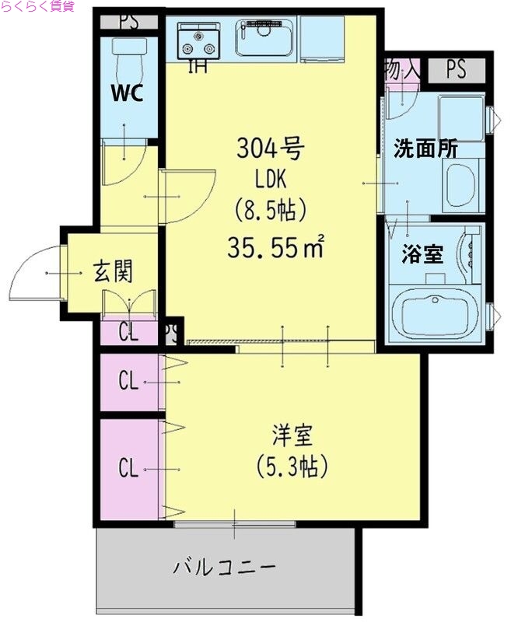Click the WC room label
point(126,93)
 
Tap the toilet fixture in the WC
point(126,54)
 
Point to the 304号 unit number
point(270,147)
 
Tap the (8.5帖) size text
point(270,211)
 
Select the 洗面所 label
point(425,149)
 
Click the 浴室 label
point(422,253)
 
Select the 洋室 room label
point(291,433)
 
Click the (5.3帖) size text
point(292,467)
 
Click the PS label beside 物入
point(456,69)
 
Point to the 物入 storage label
point(401,69)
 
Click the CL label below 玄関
point(128,333)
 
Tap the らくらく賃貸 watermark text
point(37,6)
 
